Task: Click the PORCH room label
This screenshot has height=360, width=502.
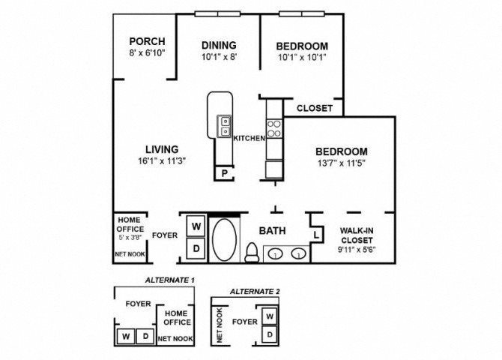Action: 148,41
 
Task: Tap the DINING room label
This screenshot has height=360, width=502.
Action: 219,45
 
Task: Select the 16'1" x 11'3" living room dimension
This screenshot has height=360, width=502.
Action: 162,160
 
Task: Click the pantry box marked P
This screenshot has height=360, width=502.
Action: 225,173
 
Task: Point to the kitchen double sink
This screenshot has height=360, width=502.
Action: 225,126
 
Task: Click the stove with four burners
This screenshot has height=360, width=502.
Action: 274,128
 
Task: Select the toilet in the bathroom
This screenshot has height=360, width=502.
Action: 252,253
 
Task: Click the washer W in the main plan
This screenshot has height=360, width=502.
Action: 196,226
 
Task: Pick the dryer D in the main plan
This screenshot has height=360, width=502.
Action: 196,248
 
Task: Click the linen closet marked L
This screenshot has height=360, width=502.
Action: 317,235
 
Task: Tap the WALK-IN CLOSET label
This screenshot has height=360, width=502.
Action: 357,235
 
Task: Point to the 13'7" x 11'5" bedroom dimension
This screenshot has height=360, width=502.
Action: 342,163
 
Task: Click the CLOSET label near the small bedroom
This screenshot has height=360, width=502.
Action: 315,108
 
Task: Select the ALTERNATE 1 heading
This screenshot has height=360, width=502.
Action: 170,280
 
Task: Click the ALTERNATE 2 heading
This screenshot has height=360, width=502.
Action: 255,292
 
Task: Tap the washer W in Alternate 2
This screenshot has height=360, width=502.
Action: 270,316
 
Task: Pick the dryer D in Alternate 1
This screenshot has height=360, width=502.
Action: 145,336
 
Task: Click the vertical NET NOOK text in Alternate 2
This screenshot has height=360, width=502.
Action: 220,325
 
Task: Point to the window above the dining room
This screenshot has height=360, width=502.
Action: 218,14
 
